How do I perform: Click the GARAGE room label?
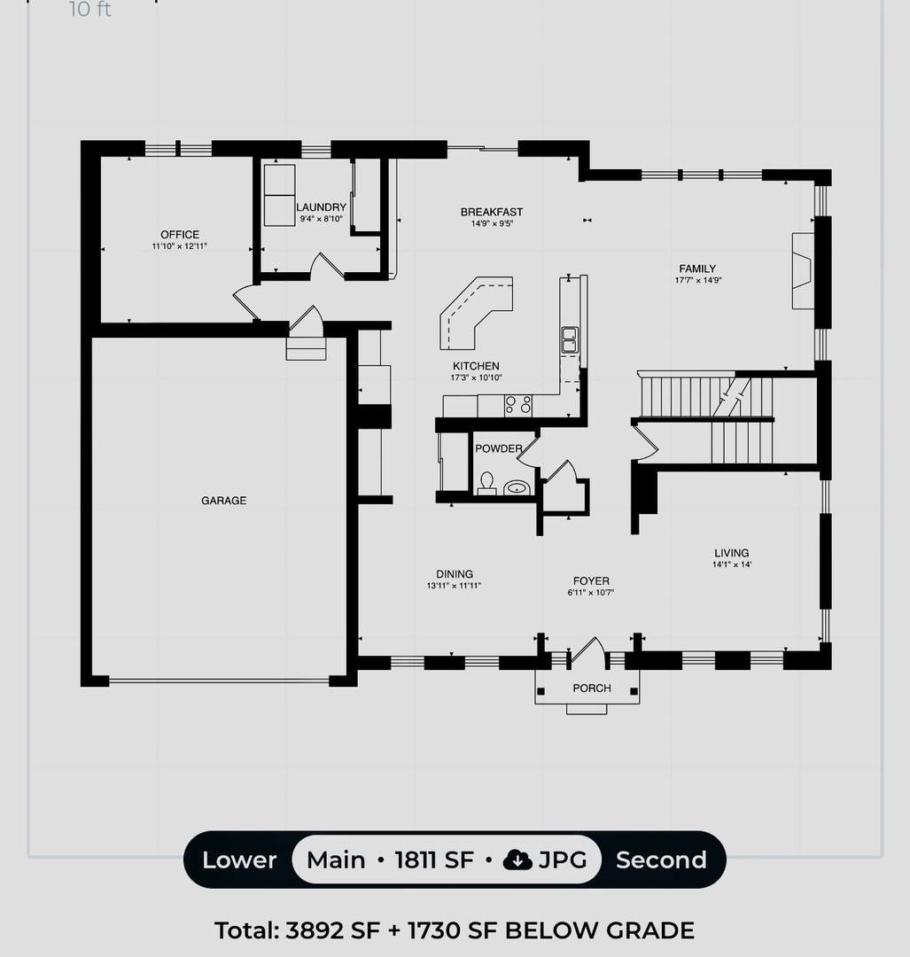[223, 501]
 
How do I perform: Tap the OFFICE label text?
[180, 235]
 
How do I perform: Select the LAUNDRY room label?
[321, 207]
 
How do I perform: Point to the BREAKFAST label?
[492, 212]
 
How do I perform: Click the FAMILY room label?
[697, 268]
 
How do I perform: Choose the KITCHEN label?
[476, 366]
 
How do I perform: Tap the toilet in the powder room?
[486, 483]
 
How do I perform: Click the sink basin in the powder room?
[516, 486]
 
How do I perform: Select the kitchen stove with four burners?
[518, 405]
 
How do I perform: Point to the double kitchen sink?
[569, 338]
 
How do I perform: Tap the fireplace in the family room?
[803, 270]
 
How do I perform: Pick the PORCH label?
[592, 688]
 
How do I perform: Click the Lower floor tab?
[239, 860]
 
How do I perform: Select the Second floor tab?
[661, 860]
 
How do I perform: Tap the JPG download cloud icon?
[517, 860]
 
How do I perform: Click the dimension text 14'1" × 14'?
[731, 565]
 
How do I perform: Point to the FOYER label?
[591, 581]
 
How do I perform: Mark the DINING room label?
[454, 574]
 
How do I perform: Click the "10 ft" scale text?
[90, 10]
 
